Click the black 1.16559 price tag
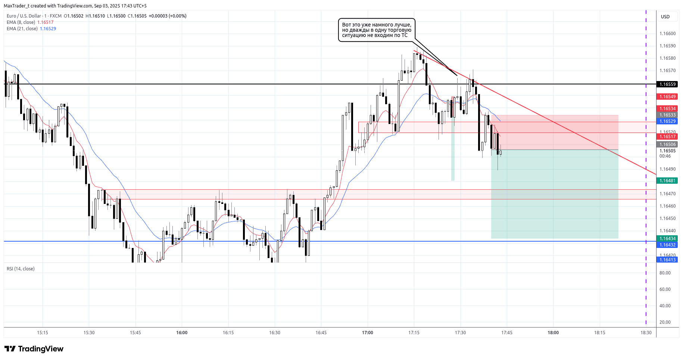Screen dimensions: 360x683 coord(667,84)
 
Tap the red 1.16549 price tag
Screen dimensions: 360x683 coord(667,97)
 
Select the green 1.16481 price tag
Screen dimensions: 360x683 coord(667,181)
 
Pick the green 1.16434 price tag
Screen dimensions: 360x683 coord(667,239)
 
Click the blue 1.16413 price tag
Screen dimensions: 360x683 coord(667,260)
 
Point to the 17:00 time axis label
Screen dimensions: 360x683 coord(368,333)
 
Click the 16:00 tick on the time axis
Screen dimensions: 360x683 coord(182,333)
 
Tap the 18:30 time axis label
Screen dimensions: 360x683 coord(646,333)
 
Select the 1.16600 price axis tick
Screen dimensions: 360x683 coord(667,34)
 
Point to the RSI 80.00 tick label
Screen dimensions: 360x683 coord(665,273)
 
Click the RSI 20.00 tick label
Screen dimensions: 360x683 coord(665,322)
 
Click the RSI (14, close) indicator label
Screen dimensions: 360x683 coord(21,269)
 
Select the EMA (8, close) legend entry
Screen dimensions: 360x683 coord(21,22)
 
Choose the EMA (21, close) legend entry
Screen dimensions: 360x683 coord(22,29)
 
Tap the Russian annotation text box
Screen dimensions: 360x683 coord(377,30)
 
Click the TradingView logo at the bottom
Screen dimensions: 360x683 coord(34,349)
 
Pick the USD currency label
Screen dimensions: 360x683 coord(665,17)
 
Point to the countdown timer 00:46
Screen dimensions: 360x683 coord(665,156)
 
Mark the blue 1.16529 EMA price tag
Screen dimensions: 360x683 coord(667,121)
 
